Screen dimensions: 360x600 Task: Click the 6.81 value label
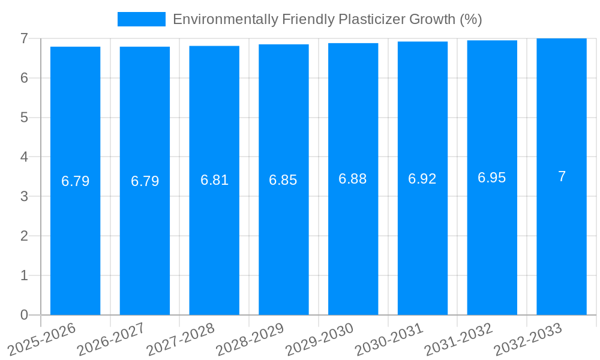click(214, 180)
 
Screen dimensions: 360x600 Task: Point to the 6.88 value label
click(353, 179)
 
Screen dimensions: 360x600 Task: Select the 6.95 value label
click(492, 178)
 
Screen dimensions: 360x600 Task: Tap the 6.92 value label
click(422, 179)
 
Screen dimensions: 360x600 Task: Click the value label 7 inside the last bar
click(562, 176)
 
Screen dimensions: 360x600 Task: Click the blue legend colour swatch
click(142, 19)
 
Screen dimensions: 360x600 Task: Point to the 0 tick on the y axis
click(24, 315)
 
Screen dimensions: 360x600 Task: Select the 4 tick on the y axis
click(24, 157)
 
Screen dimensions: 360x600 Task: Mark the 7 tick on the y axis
click(24, 38)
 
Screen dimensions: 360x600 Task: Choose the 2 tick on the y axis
click(24, 236)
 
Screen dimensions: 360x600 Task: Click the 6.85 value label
click(283, 180)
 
